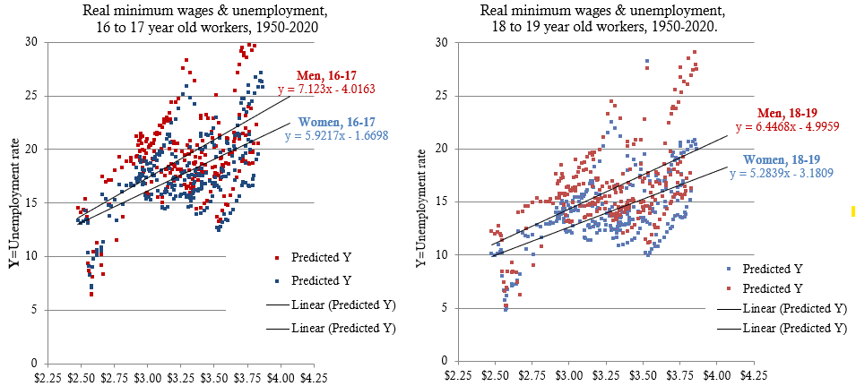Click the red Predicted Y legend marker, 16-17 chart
point(279,258)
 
